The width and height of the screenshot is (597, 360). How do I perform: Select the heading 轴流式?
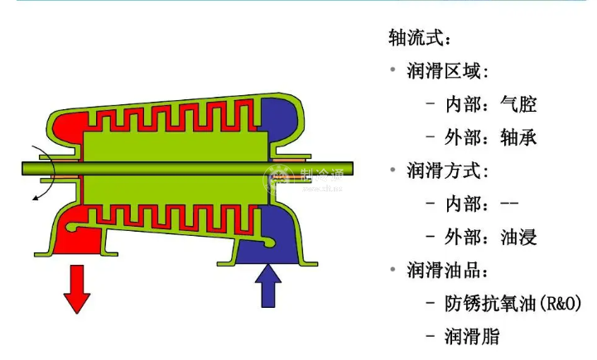pyautogui.click(x=421, y=37)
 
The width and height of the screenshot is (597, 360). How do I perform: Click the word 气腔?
pyautogui.click(x=519, y=104)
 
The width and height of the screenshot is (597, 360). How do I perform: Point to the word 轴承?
pyautogui.click(x=519, y=137)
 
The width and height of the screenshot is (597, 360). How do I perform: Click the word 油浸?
pyautogui.click(x=519, y=238)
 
